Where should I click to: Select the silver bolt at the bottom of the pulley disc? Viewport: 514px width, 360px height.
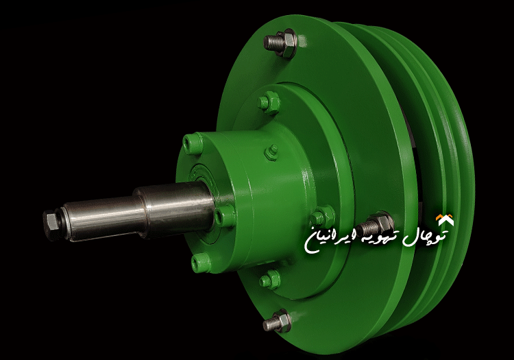[x=278, y=320]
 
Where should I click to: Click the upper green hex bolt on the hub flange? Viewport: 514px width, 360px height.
[x=269, y=102]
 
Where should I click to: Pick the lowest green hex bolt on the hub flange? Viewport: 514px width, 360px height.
[x=271, y=279]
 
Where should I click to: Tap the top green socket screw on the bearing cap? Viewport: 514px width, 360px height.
[x=193, y=143]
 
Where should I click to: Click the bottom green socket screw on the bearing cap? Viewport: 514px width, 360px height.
[x=199, y=261]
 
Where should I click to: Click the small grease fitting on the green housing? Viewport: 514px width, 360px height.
[x=273, y=150]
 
